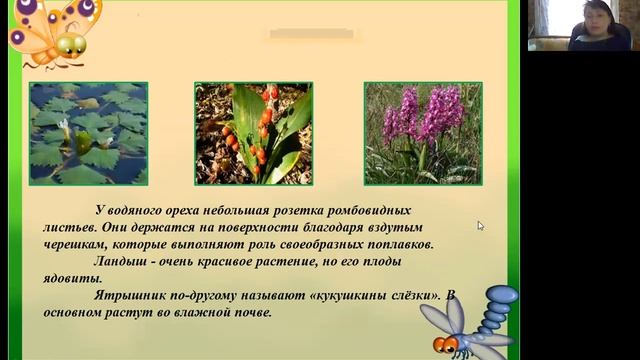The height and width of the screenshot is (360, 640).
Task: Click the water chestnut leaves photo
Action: click(89, 134)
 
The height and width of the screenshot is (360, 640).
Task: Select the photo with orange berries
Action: click(253, 134)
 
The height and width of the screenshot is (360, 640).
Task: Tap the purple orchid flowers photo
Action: click(423, 134)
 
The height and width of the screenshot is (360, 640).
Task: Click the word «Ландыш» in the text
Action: click(120, 262)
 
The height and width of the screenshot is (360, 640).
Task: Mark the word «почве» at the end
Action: click(253, 313)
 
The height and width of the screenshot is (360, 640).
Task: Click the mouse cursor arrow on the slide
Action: click(480, 226)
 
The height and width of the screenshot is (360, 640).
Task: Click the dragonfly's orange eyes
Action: click(445, 344)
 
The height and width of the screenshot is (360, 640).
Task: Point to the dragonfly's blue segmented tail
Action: click(496, 309)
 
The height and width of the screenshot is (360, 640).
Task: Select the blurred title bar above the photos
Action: click(312, 34)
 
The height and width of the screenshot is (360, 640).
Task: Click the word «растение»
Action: click(285, 262)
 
